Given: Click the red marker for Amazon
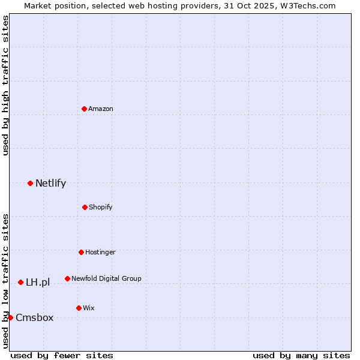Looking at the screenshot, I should (x=84, y=109).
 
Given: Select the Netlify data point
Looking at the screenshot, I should (x=30, y=183).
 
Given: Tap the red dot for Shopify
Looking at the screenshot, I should (x=85, y=207).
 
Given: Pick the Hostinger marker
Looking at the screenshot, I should (x=81, y=252).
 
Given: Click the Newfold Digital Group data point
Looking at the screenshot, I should (x=67, y=278).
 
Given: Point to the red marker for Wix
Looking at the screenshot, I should (x=79, y=308).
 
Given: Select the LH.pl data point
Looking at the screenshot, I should (x=20, y=282).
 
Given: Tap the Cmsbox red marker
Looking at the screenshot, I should (x=10, y=317).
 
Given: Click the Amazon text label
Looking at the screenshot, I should (x=101, y=109).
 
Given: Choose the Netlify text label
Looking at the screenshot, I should (x=50, y=183).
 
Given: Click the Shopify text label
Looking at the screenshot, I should (x=101, y=207).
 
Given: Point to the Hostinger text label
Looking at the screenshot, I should (x=100, y=252).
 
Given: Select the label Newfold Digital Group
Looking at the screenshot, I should (x=106, y=278).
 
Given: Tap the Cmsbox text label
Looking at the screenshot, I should (x=34, y=317).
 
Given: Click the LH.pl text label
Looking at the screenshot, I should (x=38, y=282).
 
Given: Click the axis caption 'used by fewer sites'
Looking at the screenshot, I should (x=62, y=355).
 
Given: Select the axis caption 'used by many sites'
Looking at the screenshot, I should (x=301, y=355).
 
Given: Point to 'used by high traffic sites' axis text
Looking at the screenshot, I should (x=5, y=85).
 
